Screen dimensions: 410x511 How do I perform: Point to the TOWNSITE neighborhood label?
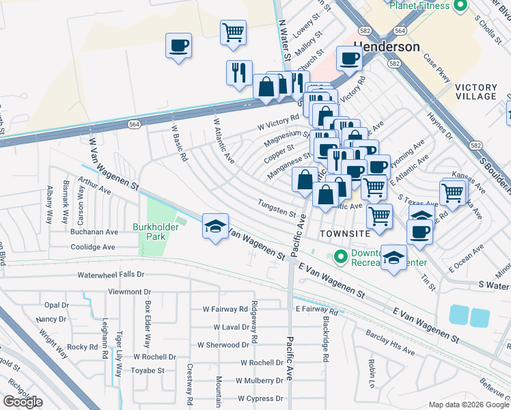[345, 234]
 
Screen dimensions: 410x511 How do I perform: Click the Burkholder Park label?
[156, 232]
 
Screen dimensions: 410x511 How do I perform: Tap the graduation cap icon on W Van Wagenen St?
[215, 226]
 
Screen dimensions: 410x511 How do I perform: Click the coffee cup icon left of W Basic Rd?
[178, 46]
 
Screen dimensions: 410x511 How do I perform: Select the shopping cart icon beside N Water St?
[233, 31]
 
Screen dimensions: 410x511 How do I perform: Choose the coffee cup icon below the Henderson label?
[349, 59]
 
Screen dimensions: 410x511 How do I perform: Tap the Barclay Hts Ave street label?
[389, 344]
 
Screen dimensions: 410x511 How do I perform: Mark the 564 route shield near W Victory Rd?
[133, 124]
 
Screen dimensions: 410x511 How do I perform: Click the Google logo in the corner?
[22, 402]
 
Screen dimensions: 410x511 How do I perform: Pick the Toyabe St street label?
[148, 370]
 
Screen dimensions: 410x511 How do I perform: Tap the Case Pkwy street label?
[440, 77]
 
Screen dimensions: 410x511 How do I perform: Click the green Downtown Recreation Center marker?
[340, 258]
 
